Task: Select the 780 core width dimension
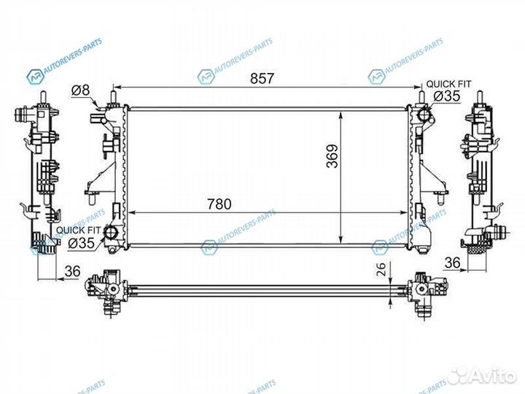coord(218,204)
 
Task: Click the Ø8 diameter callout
coord(80,90)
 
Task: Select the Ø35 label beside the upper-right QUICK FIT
coord(446,96)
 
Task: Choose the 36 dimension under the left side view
coord(71,271)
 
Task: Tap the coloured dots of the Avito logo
coord(458,376)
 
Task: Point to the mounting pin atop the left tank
coord(113,95)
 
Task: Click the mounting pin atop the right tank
coord(421,95)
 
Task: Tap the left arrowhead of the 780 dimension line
coord(132,212)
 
